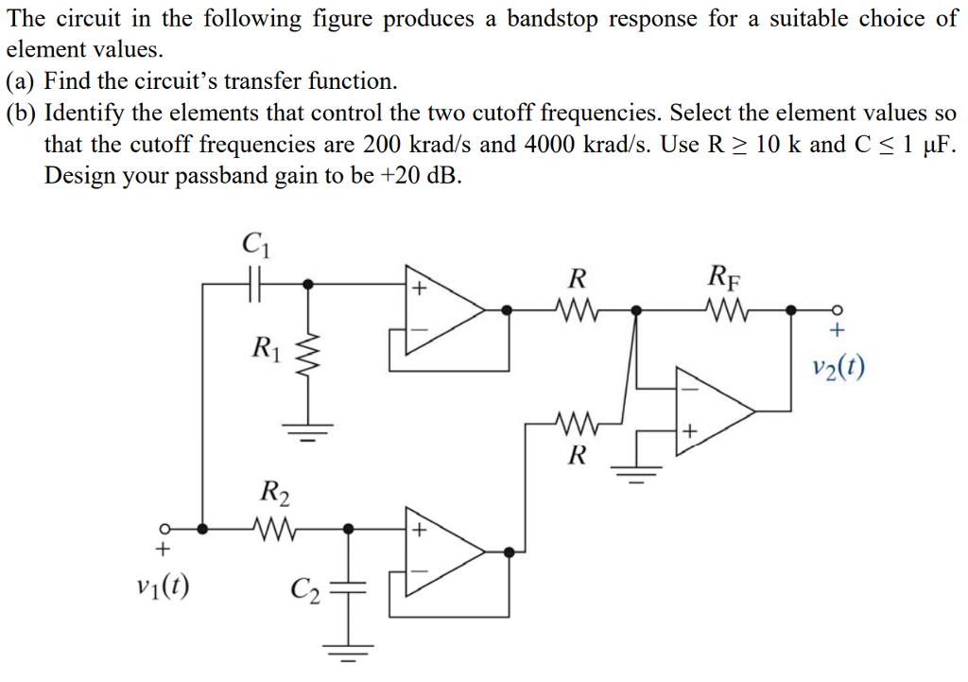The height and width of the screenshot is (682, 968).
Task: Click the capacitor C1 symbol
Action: tap(252, 282)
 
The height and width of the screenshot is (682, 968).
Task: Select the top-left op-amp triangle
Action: tap(442, 308)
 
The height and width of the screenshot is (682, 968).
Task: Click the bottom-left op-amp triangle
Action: tap(442, 552)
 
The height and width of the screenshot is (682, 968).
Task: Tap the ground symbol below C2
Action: tap(350, 651)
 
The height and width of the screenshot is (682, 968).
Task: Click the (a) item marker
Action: tap(22, 81)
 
